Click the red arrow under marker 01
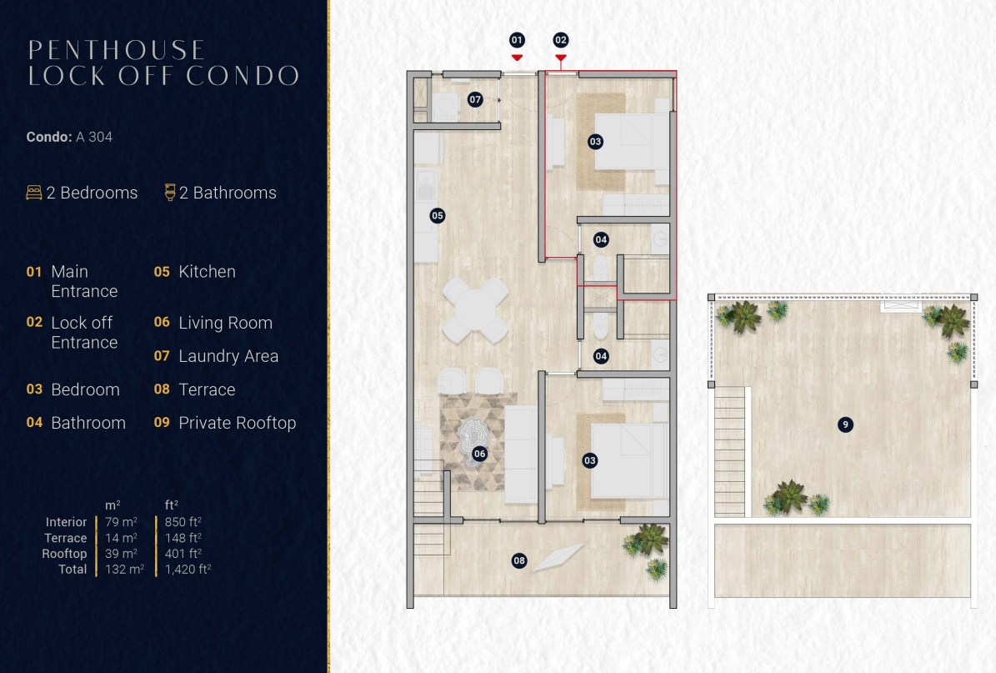point(517,58)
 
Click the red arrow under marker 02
point(561,58)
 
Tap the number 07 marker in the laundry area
point(475,99)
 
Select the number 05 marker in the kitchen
point(437,215)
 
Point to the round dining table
point(475,311)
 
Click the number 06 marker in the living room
point(479,454)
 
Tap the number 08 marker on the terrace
point(519,560)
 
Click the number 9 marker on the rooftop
point(845,424)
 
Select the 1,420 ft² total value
point(188,570)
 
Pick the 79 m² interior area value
point(122,522)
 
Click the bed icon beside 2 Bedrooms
point(33,193)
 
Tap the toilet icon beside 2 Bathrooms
point(169,193)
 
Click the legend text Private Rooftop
point(237,424)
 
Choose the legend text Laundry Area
point(228,357)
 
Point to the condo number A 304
point(94,138)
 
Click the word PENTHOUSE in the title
point(116,50)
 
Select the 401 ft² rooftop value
point(183,554)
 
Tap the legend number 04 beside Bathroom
point(34,423)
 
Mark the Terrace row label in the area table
point(65,538)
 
